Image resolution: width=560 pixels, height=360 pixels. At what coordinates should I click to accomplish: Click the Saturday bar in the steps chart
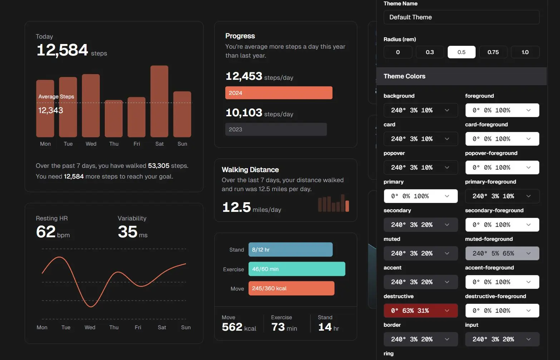click(159, 101)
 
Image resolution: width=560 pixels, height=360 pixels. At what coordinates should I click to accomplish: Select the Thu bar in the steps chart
click(114, 118)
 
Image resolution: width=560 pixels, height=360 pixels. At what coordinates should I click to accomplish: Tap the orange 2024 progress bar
click(279, 93)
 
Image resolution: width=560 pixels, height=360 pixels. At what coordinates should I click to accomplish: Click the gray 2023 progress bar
click(276, 129)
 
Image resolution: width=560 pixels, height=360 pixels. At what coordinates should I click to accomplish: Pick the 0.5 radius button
click(461, 52)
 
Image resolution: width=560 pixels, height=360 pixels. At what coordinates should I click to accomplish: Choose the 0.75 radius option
click(493, 52)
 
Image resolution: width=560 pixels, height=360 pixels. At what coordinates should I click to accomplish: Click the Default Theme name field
click(461, 17)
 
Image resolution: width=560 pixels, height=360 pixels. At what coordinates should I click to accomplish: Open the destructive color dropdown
click(421, 311)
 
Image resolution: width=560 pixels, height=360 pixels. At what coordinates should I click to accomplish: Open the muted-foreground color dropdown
click(502, 253)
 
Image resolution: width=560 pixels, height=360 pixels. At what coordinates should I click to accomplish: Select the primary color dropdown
click(421, 196)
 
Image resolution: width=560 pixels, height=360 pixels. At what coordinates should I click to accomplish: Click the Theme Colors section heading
click(404, 76)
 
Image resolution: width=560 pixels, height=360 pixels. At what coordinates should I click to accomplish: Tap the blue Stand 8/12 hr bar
click(290, 249)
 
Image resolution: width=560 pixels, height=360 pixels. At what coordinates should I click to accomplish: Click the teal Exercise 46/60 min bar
click(297, 269)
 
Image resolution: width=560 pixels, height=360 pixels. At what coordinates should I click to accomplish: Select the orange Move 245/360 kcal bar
click(291, 288)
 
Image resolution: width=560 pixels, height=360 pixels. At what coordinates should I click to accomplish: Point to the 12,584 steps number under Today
click(62, 50)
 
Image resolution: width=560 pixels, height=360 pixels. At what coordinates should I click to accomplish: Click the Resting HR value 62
click(46, 232)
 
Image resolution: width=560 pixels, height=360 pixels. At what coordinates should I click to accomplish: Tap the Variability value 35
click(128, 232)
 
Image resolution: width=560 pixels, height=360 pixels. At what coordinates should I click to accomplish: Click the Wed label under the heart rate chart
click(90, 327)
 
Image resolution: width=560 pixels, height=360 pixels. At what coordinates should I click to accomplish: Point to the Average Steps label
click(56, 97)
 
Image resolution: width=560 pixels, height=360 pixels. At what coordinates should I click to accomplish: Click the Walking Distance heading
click(250, 170)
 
